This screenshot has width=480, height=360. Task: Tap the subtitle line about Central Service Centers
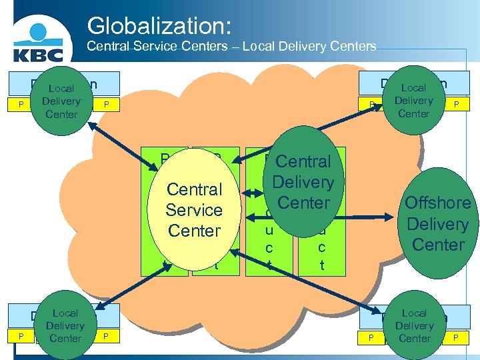click(x=232, y=47)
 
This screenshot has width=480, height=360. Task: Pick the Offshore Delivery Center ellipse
click(x=437, y=223)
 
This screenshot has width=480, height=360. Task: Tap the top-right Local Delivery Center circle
click(x=413, y=100)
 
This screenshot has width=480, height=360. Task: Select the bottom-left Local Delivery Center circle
click(x=65, y=325)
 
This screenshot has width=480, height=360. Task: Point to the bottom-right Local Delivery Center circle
click(x=414, y=325)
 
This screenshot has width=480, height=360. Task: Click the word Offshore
click(x=437, y=203)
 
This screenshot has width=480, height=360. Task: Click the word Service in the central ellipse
click(x=194, y=210)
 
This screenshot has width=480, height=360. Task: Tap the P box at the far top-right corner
click(x=456, y=104)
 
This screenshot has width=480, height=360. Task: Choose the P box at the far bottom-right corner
click(x=456, y=338)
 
